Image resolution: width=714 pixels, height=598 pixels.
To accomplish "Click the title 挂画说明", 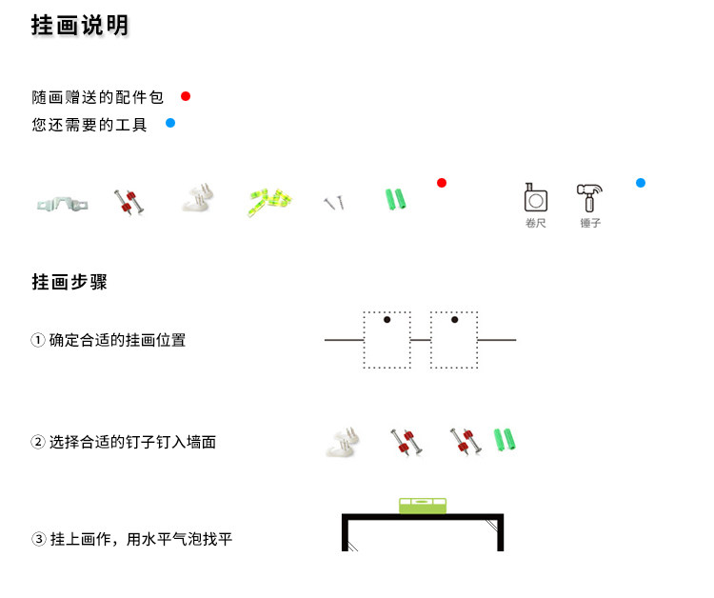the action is tap(80, 27).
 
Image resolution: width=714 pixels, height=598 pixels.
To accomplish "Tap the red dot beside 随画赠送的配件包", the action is tap(186, 96).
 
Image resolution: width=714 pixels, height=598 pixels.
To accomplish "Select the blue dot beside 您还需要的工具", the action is tap(170, 123).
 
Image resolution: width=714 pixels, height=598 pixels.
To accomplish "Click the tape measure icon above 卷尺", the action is tap(536, 198).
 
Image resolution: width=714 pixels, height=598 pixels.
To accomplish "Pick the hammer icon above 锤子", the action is tap(590, 198).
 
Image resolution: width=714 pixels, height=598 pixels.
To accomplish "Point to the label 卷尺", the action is tap(536, 224).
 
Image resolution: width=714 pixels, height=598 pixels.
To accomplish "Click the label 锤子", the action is tap(590, 224).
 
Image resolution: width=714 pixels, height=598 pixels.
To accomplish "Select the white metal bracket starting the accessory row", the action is tap(62, 202).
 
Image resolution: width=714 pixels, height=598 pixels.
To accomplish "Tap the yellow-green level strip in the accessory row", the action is tap(269, 199).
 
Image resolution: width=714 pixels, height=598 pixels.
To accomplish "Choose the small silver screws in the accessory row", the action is tap(333, 202).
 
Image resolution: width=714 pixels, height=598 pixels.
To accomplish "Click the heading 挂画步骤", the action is tap(69, 282).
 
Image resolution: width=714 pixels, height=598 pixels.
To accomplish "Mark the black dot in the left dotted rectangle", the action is tap(387, 320).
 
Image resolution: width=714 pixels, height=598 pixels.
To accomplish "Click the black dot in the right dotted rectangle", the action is tap(454, 320).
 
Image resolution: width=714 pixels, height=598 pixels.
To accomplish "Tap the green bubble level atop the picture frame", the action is tap(423, 506).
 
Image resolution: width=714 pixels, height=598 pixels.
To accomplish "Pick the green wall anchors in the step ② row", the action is tap(504, 440).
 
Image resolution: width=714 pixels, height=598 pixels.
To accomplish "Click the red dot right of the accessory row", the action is tap(442, 183).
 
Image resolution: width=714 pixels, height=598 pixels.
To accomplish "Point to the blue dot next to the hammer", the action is tap(641, 183).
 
